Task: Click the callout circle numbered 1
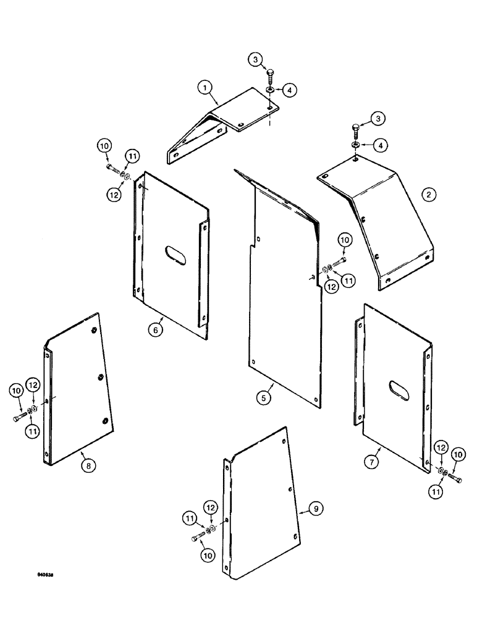(x=202, y=89)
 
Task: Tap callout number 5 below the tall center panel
(x=264, y=398)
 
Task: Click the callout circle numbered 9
(x=316, y=509)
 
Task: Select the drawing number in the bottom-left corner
(x=44, y=574)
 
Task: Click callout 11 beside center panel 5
(x=348, y=281)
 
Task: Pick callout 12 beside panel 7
(x=440, y=447)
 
